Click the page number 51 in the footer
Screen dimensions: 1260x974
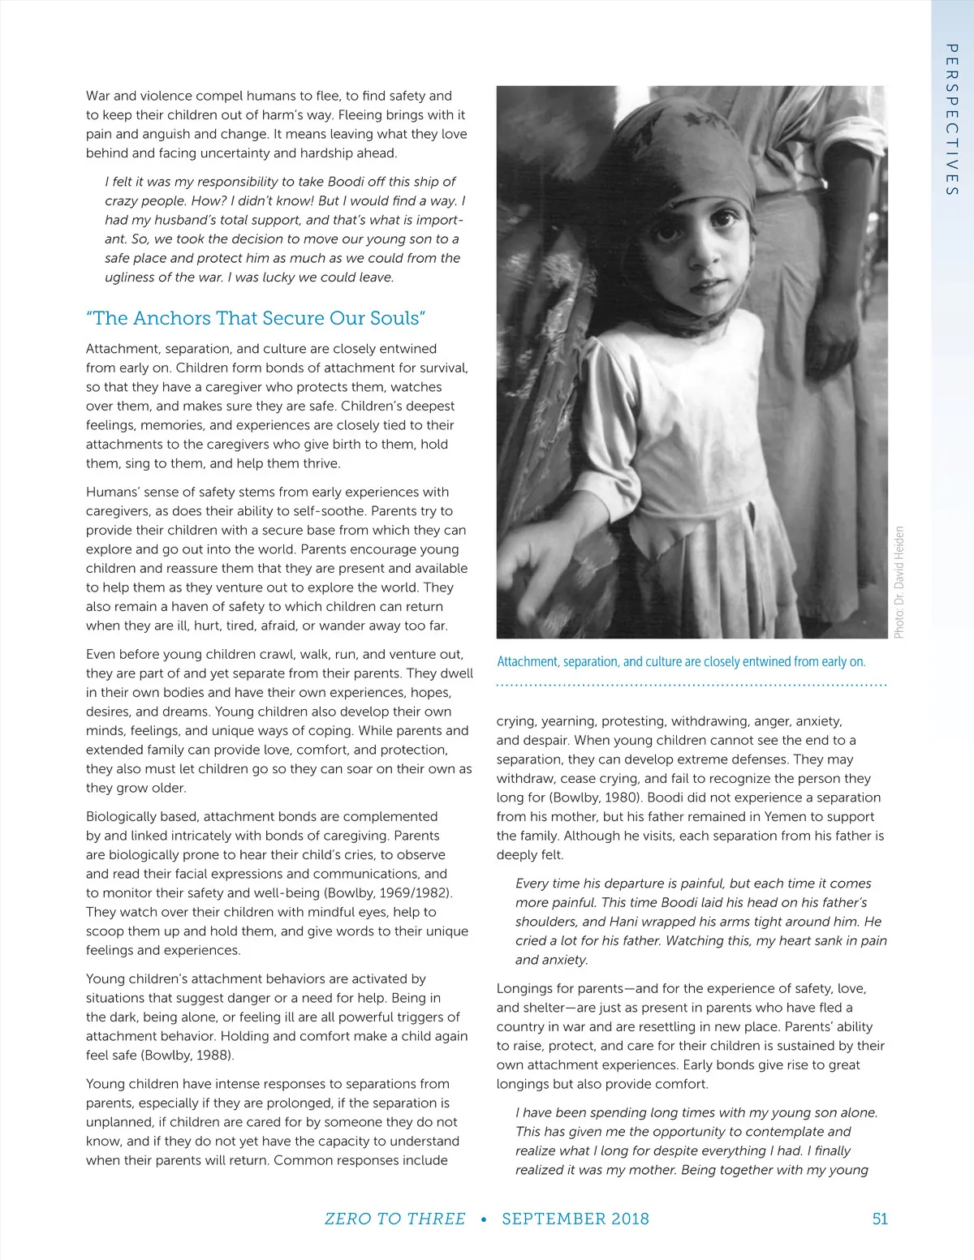click(880, 1219)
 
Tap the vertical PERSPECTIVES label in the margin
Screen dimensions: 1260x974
click(952, 119)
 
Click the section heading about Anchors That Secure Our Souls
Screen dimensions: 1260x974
click(256, 318)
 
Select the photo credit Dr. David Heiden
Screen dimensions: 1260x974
click(899, 582)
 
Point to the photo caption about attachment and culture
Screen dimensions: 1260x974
click(681, 661)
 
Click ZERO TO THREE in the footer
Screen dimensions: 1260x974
click(394, 1219)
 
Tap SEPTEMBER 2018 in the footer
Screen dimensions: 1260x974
click(575, 1219)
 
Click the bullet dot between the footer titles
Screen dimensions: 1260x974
click(484, 1219)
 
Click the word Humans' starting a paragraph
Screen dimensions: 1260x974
click(113, 492)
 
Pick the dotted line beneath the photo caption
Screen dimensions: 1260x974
click(691, 686)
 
